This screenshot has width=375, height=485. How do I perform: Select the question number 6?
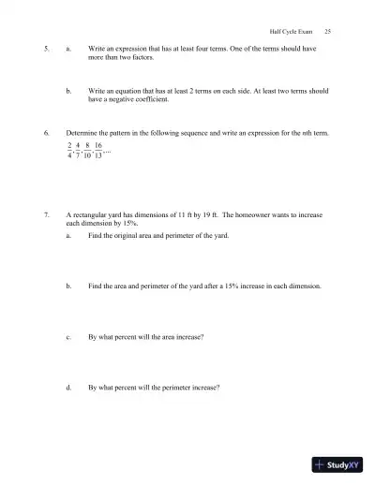46,133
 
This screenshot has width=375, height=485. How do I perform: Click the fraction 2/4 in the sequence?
70,151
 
